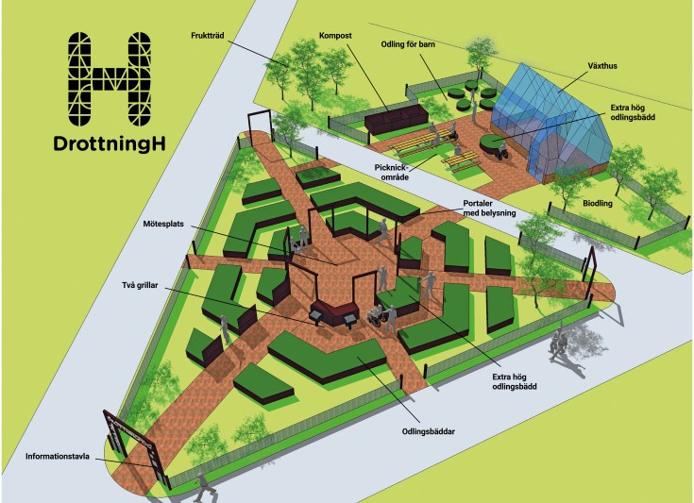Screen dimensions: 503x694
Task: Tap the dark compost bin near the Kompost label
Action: coord(395,119)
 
